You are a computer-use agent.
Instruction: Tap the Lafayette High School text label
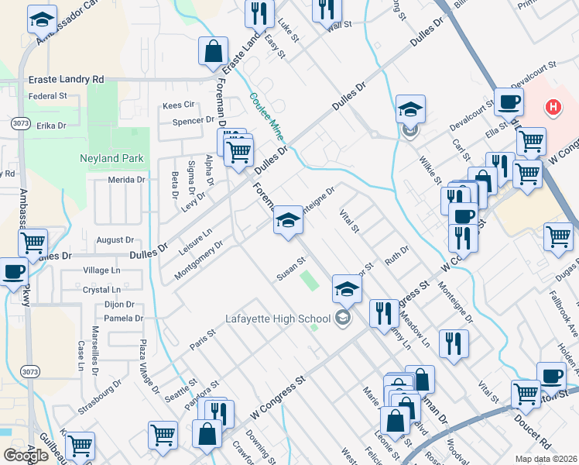[x=278, y=317]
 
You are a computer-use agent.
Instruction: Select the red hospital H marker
[x=553, y=107]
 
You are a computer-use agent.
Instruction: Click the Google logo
[x=26, y=456]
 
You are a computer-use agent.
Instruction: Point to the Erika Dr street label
[x=52, y=125]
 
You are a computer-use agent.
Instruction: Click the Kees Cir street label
[x=178, y=105]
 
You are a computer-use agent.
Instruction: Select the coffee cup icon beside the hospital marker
[x=509, y=102]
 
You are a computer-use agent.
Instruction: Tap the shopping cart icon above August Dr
[x=33, y=243]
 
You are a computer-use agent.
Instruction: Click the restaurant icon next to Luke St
[x=258, y=12]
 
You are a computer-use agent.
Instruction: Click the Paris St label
[x=203, y=339]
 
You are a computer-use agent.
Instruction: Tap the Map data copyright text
[x=546, y=459]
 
